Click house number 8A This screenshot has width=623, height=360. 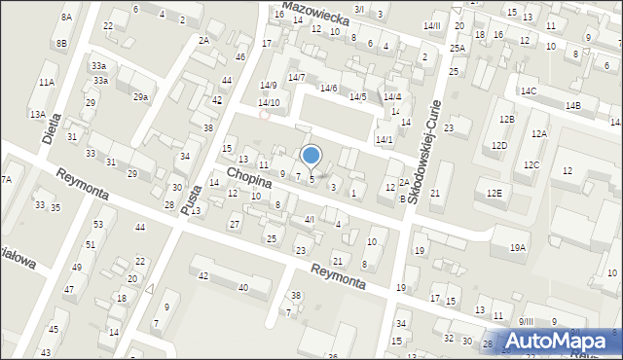click(x=66, y=18)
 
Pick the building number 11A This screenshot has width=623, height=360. click(x=47, y=83)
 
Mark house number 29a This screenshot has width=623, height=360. click(x=141, y=97)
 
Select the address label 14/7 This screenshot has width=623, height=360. click(x=296, y=77)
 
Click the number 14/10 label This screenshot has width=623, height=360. click(x=269, y=102)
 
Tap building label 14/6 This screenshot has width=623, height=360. click(x=328, y=89)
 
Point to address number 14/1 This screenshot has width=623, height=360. click(x=385, y=139)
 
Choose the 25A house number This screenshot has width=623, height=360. click(x=457, y=48)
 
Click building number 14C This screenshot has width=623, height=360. click(x=528, y=90)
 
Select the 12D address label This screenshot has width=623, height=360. click(x=499, y=145)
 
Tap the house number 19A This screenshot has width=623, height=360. click(x=517, y=248)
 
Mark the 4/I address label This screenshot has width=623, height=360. click(x=310, y=220)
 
